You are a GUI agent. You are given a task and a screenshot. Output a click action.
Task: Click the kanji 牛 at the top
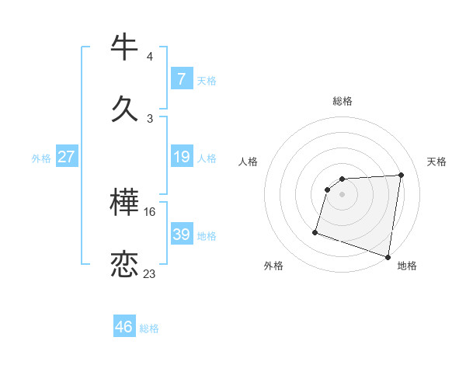click(x=125, y=47)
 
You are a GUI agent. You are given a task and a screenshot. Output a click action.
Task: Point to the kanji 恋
click(x=125, y=264)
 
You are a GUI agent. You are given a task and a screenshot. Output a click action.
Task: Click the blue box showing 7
click(x=181, y=79)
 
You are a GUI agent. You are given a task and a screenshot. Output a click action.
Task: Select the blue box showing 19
click(x=181, y=158)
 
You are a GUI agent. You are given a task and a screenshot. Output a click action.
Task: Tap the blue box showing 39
click(x=181, y=235)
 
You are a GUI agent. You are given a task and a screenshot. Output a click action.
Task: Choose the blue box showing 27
click(x=66, y=158)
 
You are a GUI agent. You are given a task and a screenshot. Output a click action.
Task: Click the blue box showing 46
click(x=124, y=327)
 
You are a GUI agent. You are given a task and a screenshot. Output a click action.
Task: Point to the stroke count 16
click(x=150, y=211)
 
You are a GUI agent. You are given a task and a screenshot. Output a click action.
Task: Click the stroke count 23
click(x=149, y=273)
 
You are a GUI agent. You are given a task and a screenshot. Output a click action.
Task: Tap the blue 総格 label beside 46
click(x=149, y=328)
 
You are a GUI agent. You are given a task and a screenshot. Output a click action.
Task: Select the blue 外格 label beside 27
click(x=41, y=158)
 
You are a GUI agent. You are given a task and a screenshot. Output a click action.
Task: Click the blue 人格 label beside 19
click(x=207, y=158)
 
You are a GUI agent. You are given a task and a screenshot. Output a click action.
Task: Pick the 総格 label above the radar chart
click(x=343, y=101)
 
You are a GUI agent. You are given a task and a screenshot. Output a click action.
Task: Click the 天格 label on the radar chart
click(x=436, y=162)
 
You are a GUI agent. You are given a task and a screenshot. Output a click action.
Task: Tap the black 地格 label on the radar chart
click(x=407, y=266)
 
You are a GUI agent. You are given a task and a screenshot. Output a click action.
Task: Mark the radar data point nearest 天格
click(x=402, y=175)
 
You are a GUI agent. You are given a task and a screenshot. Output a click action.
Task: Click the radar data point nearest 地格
click(x=388, y=256)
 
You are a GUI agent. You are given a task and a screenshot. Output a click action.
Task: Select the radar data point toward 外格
click(x=315, y=231)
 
